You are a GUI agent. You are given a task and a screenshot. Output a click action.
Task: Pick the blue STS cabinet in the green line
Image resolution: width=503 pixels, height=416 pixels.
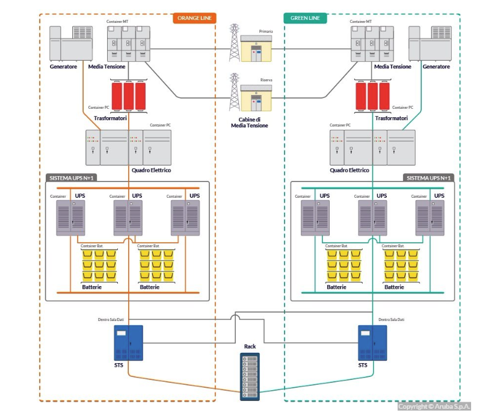click(x=372, y=343)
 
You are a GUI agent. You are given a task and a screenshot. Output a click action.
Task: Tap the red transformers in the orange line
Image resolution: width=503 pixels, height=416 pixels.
click(x=129, y=96)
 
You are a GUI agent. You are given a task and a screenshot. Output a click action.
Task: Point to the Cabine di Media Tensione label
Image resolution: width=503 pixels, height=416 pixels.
click(x=250, y=122)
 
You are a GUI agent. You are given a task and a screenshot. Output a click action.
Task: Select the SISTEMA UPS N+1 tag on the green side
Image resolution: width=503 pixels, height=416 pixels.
click(x=428, y=178)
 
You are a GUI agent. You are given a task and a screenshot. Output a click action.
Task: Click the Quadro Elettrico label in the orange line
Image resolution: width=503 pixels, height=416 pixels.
click(x=151, y=170)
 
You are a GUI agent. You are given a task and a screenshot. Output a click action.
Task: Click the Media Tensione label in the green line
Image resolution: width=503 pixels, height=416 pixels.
click(x=392, y=67)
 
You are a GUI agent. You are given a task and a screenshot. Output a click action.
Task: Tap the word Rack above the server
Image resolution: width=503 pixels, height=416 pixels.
click(x=250, y=347)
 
